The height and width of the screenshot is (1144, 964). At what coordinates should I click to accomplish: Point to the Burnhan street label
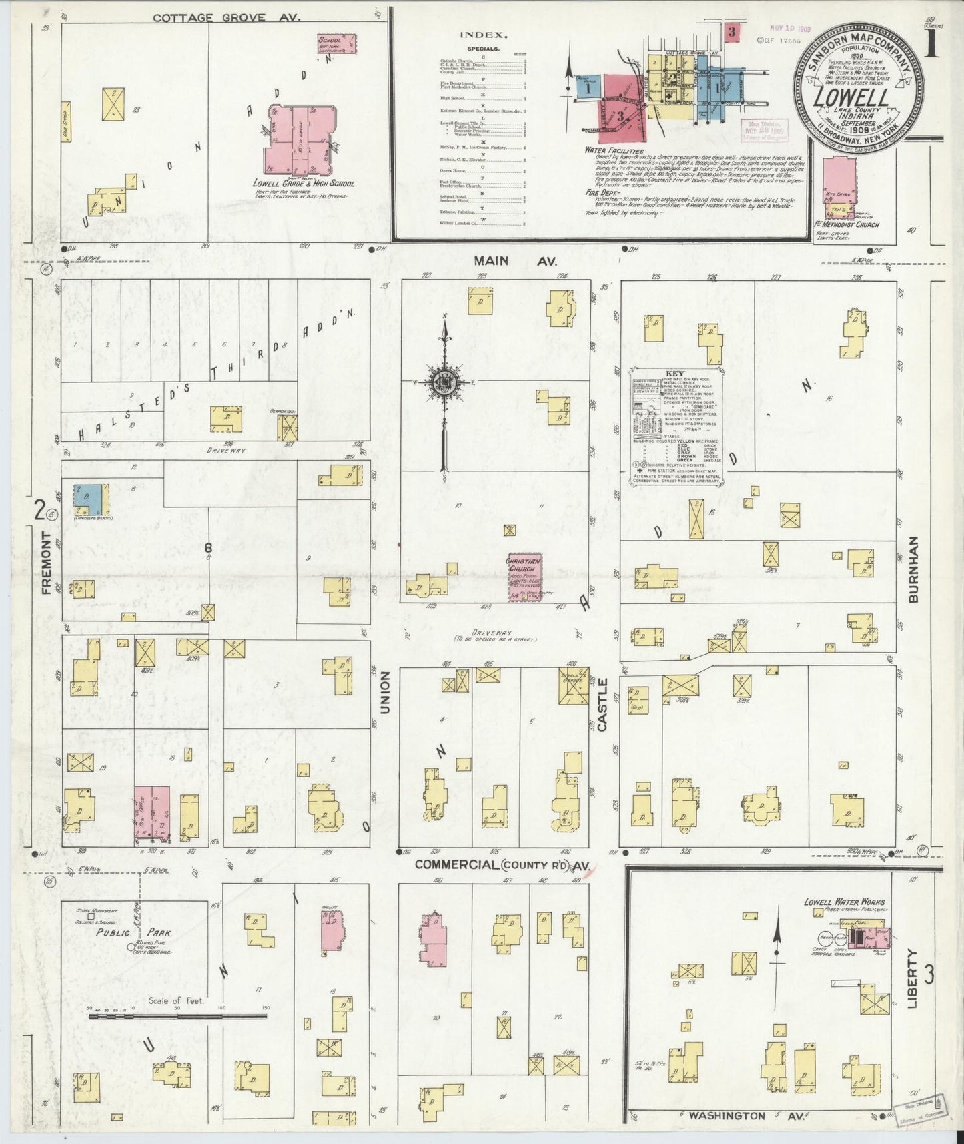(x=913, y=569)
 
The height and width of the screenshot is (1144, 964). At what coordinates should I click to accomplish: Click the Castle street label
(x=603, y=705)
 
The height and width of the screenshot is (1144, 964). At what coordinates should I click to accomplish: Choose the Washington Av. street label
(x=727, y=1115)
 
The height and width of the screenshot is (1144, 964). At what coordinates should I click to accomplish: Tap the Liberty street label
(x=913, y=978)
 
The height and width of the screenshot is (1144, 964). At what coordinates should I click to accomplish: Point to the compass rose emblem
(x=443, y=383)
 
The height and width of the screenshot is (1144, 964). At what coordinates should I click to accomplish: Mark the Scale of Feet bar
(x=177, y=1017)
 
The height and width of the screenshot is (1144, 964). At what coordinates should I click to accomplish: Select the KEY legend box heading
(x=675, y=374)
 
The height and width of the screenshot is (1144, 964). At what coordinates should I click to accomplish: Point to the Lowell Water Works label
(x=843, y=902)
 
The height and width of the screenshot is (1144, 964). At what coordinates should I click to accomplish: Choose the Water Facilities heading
(x=614, y=151)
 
